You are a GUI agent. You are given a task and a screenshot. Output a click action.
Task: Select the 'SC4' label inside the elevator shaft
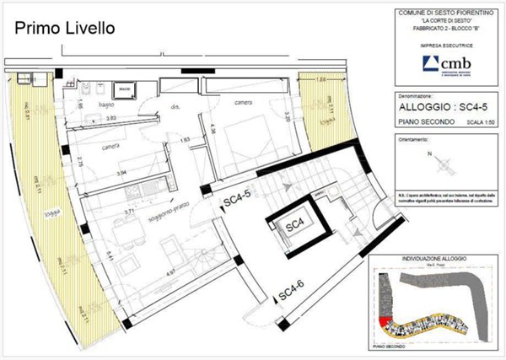pos(294,225)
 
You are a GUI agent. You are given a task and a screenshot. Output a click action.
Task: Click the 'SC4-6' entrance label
pos(290,292)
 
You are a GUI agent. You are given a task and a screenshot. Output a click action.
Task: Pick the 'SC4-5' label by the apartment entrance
pos(237,201)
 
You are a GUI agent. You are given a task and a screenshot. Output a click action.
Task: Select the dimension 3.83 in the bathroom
pos(111,119)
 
